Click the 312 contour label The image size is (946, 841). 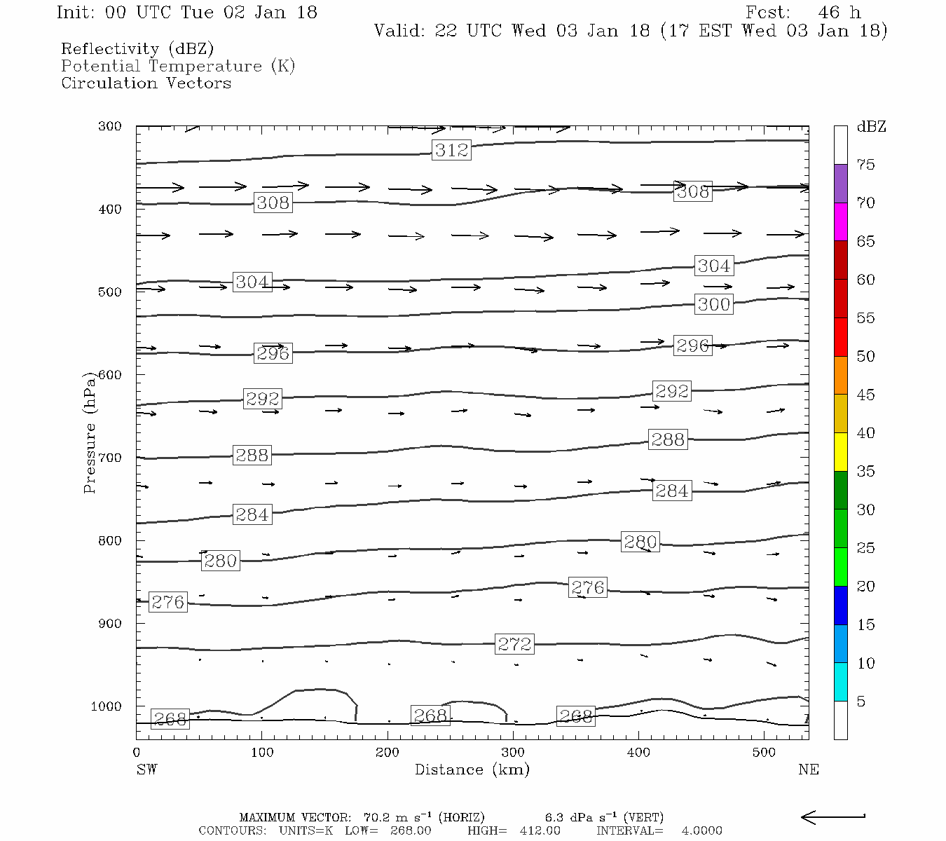(451, 150)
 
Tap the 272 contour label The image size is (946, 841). (514, 644)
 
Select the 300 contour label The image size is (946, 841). (714, 304)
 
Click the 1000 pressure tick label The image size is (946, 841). (107, 706)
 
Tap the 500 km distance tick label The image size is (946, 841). (765, 753)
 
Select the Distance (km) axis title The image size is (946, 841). (472, 770)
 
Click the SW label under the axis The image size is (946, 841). (146, 770)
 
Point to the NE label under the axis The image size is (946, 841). (808, 770)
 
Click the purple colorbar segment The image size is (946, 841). (840, 184)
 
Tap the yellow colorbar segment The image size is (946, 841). (840, 452)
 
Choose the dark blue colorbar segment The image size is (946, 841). (840, 606)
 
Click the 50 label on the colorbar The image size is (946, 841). (866, 357)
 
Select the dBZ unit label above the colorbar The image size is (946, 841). (871, 127)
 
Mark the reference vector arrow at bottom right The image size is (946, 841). (832, 817)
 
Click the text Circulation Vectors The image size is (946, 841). (146, 83)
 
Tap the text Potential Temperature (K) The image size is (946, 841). (178, 67)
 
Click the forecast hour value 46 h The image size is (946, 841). (839, 13)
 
